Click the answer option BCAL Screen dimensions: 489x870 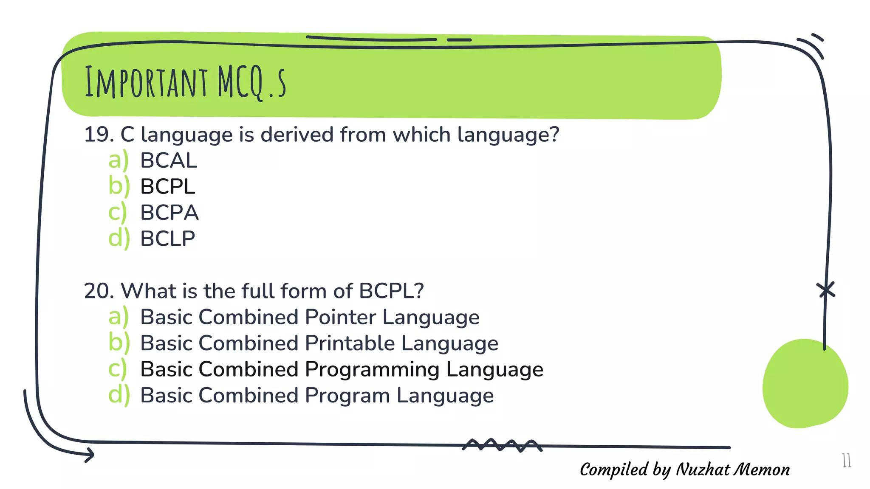point(169,160)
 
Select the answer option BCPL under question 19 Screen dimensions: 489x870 point(168,187)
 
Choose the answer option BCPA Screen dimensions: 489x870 point(169,213)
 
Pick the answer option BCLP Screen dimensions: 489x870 point(168,239)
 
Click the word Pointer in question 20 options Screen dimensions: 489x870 point(340,317)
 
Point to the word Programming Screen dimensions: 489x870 point(372,369)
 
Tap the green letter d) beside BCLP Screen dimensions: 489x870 point(119,239)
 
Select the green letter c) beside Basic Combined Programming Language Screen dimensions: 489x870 point(117,370)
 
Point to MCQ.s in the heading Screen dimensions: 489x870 point(251,83)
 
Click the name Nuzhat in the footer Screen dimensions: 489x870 point(703,469)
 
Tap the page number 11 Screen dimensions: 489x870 point(846,461)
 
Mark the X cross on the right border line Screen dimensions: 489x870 point(826,290)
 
